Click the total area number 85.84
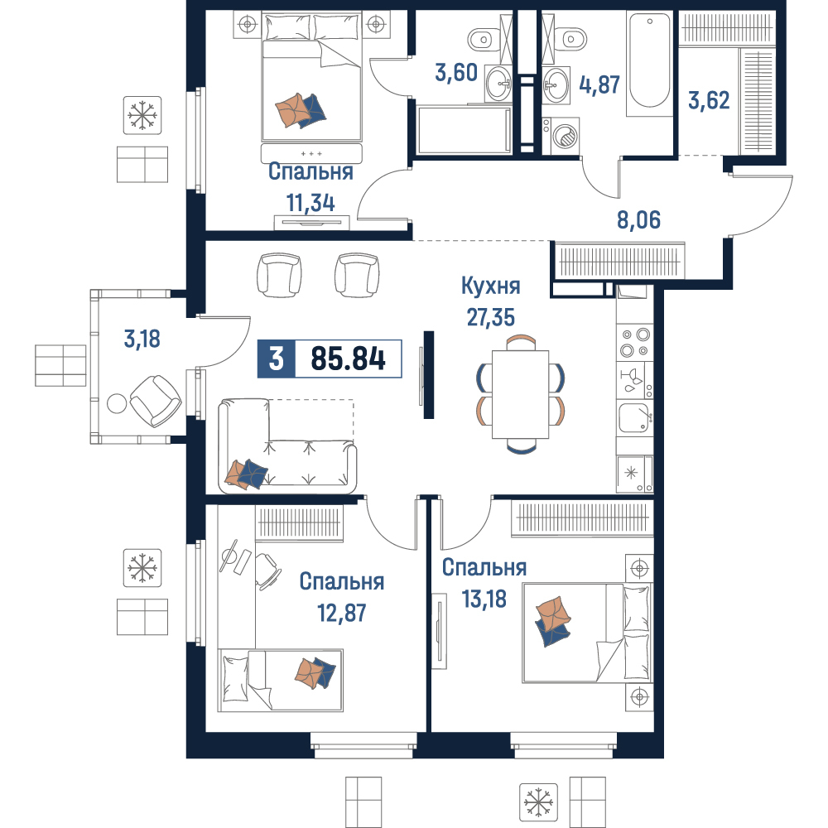[348, 359]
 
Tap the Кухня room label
[490, 286]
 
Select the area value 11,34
[310, 203]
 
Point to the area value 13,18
[484, 599]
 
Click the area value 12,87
[341, 613]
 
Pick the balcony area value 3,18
[142, 339]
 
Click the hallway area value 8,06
[638, 219]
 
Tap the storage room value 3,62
[709, 100]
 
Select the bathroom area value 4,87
[599, 84]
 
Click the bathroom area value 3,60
[456, 72]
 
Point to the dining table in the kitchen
[520, 394]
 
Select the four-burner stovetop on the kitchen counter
[635, 342]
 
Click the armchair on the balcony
[156, 401]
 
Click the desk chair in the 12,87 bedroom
[267, 570]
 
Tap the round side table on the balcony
[117, 403]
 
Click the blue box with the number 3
[277, 359]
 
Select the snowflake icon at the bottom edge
[539, 802]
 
